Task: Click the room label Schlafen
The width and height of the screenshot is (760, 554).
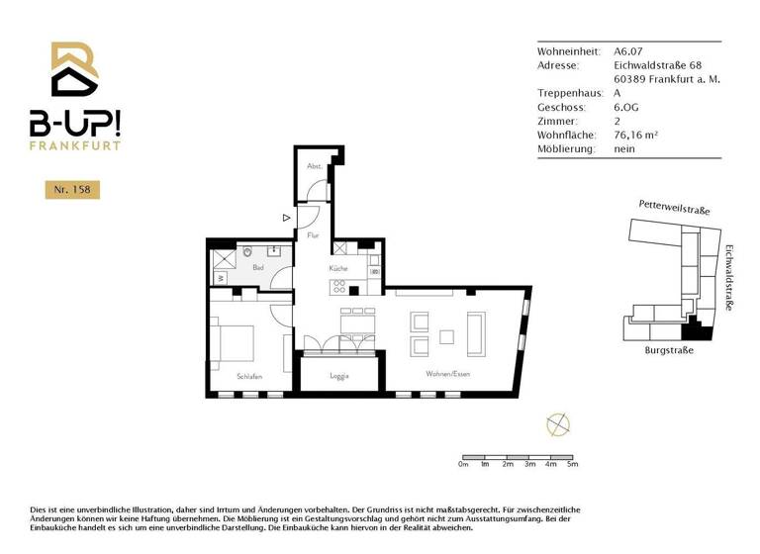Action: (248, 376)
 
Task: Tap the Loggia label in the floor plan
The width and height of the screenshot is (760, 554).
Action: (340, 376)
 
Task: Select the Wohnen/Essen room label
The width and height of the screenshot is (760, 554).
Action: (446, 374)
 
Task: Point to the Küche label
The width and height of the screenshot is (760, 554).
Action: (338, 268)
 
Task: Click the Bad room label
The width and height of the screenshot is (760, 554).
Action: (257, 267)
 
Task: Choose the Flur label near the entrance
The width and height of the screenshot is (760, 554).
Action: (313, 235)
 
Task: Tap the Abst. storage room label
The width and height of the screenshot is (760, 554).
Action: (314, 166)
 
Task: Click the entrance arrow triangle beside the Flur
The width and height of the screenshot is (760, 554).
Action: (286, 217)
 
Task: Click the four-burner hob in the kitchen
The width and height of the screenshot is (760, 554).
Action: (339, 288)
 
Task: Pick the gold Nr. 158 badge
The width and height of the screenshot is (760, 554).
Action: (72, 189)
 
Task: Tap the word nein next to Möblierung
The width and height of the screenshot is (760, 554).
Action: (624, 148)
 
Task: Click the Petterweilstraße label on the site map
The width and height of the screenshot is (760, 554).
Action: (674, 208)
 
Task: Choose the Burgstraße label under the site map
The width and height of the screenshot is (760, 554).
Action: (669, 350)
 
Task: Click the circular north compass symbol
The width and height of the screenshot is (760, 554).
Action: (558, 424)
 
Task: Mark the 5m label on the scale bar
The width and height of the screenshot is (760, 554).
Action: (572, 464)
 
